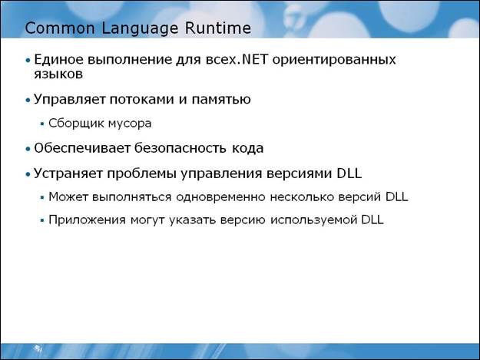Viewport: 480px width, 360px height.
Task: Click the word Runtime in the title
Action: point(217,28)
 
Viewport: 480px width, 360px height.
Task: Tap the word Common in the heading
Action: point(60,28)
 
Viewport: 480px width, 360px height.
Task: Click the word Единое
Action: point(59,60)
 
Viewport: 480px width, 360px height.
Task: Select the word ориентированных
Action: point(334,60)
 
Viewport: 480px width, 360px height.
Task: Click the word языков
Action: point(58,74)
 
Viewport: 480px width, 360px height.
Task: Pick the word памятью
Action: point(221,100)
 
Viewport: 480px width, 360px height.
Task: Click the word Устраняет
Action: point(68,173)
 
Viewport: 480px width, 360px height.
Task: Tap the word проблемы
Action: point(142,174)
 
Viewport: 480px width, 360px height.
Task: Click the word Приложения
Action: point(87,220)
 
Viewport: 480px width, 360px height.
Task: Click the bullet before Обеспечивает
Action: point(28,149)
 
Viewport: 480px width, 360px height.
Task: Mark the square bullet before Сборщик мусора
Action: point(42,124)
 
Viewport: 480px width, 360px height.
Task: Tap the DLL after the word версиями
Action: point(349,173)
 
